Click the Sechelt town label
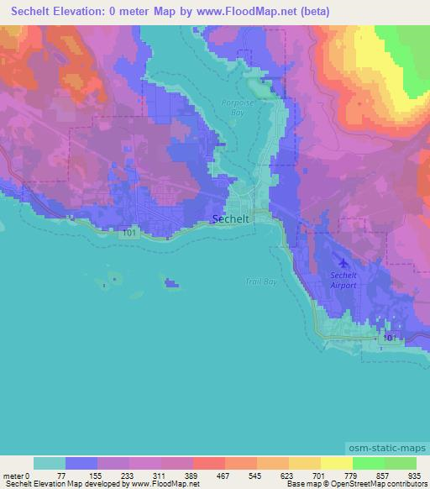tap(230, 218)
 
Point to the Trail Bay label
tap(260, 281)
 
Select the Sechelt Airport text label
tap(343, 280)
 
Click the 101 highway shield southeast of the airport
tap(389, 337)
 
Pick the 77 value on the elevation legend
tap(66, 475)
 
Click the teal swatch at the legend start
tap(49, 463)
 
